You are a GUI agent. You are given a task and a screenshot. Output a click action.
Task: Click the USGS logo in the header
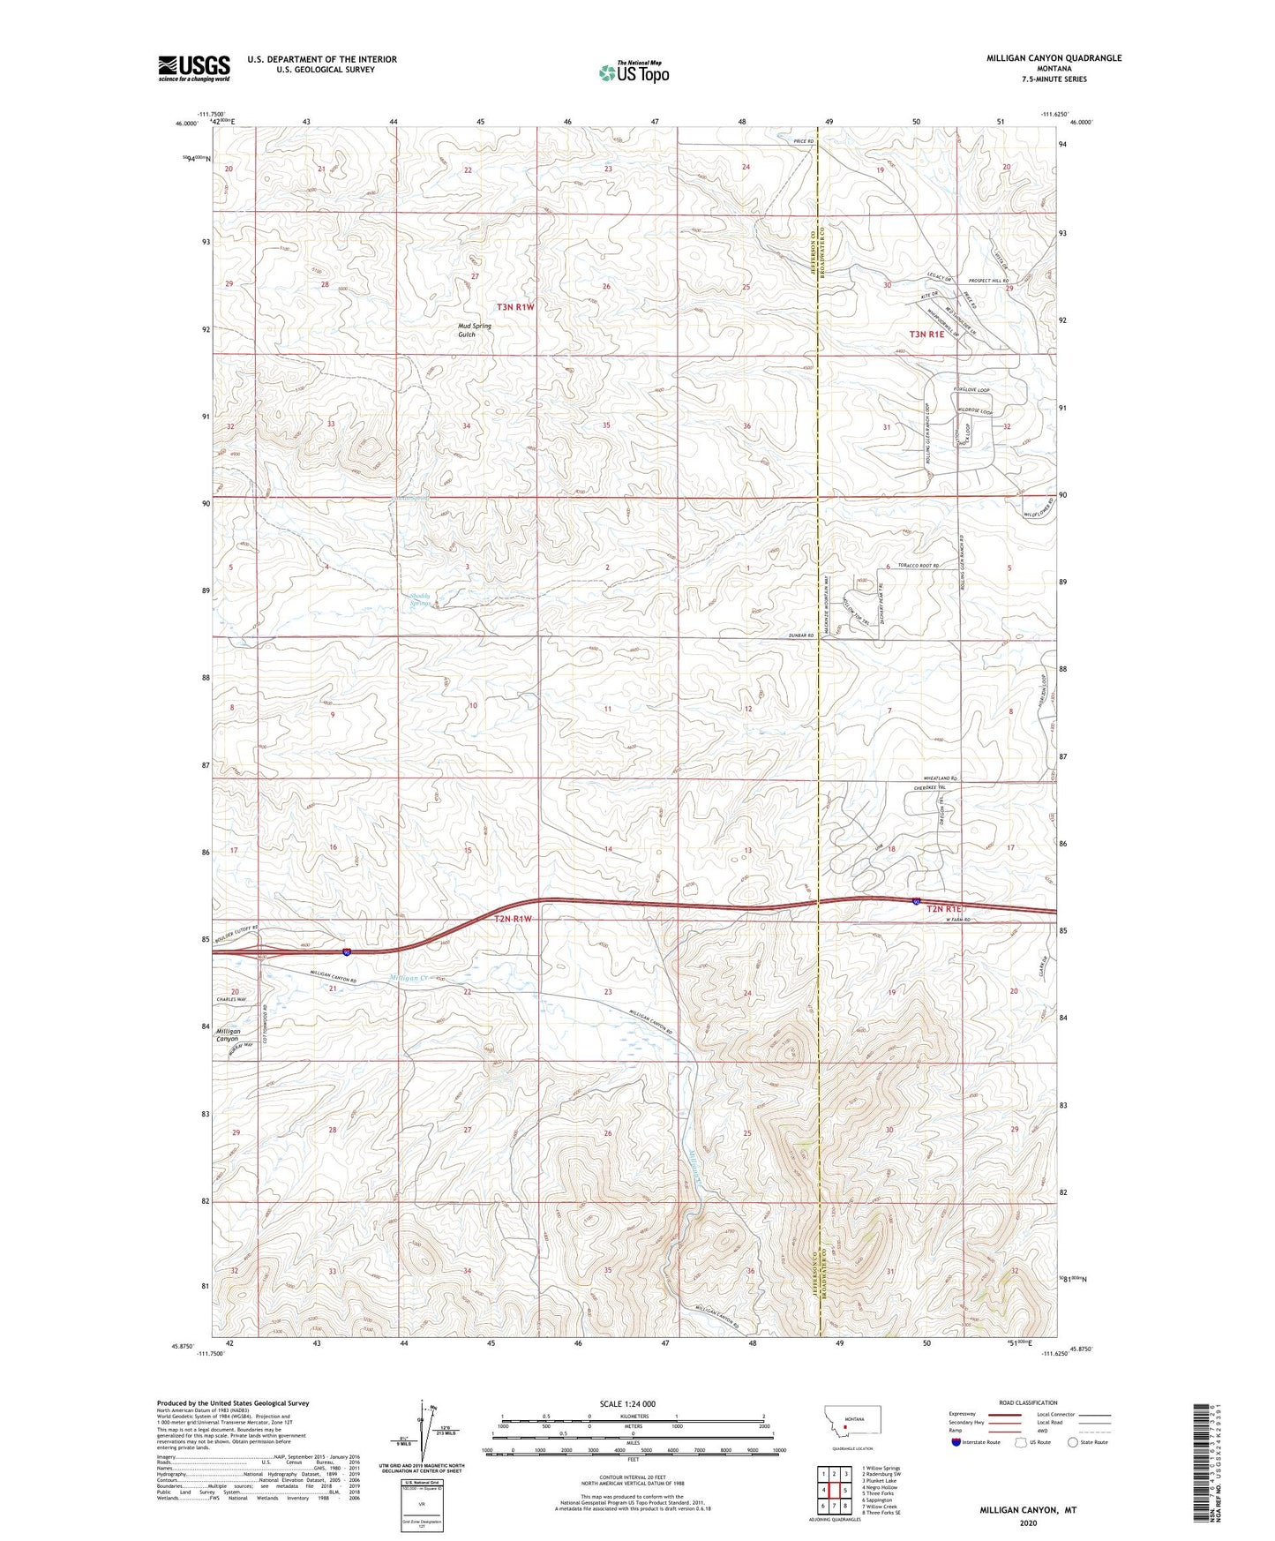194,68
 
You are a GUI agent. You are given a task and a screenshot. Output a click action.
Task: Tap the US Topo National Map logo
633,72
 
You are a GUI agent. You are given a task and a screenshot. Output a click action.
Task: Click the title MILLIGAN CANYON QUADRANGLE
1054,58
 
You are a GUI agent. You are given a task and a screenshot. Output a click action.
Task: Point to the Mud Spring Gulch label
474,330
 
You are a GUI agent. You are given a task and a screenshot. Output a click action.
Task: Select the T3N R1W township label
515,307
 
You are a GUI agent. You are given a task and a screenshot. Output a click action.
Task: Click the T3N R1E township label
933,335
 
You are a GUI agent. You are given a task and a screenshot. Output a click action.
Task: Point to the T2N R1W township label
513,919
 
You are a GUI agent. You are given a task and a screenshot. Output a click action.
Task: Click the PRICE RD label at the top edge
802,141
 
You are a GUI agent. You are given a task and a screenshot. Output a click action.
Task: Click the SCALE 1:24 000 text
627,1403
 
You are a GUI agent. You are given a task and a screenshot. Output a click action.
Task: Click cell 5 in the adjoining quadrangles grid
844,1491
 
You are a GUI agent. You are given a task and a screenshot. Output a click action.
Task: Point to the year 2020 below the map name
1028,1522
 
